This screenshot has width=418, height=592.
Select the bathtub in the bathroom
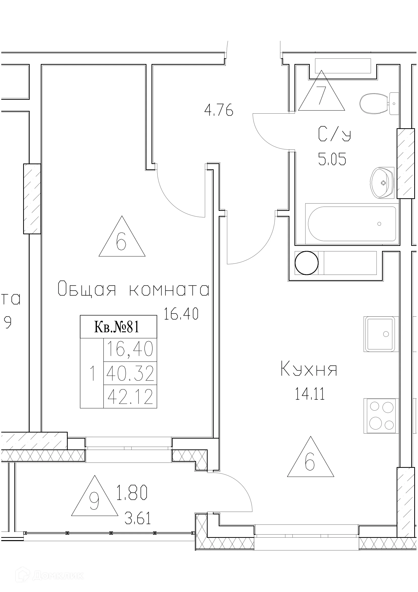tap(352, 224)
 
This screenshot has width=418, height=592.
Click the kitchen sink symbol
tap(381, 334)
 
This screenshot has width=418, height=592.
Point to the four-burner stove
tap(381, 416)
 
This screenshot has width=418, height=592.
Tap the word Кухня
tap(309, 370)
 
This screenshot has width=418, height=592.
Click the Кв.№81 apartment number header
tap(118, 327)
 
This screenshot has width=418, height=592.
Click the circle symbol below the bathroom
tap(306, 263)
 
